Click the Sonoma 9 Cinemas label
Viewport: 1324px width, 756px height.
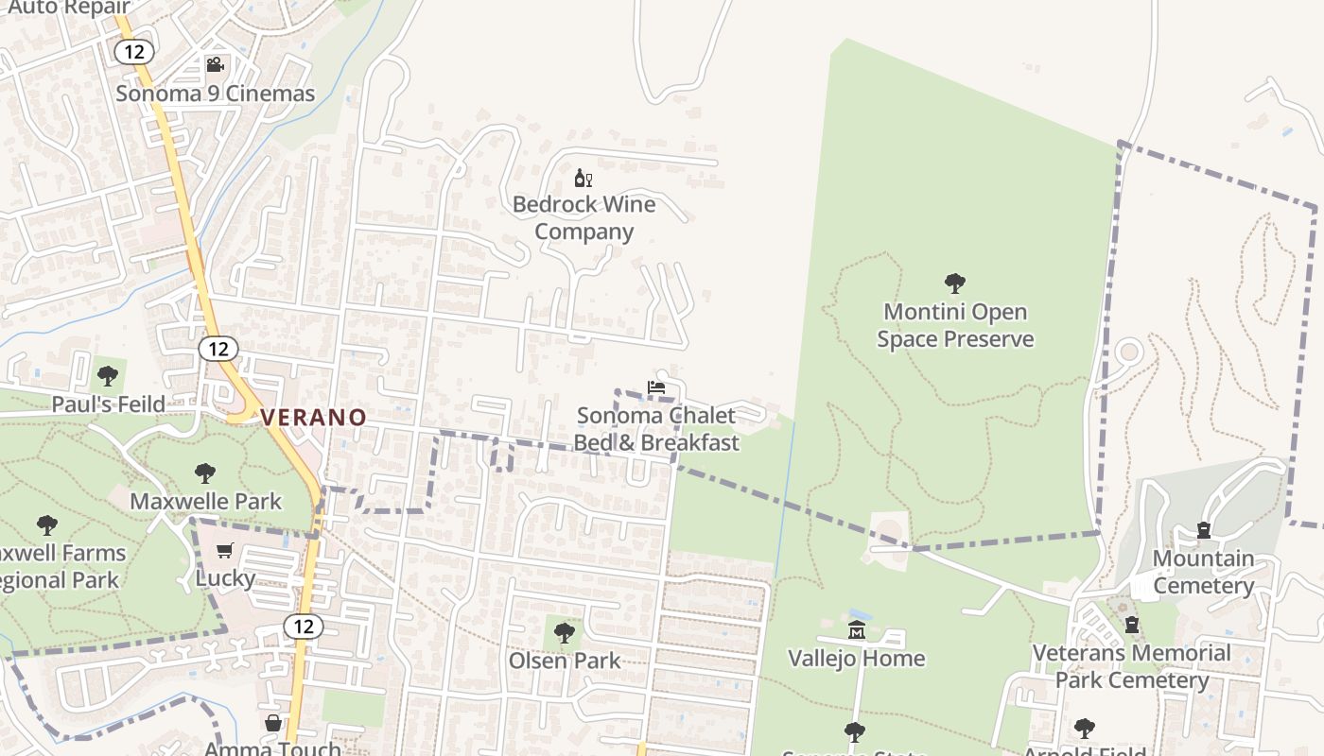click(215, 94)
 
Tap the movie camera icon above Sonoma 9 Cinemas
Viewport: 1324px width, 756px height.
click(215, 64)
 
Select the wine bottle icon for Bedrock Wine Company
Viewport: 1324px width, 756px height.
click(584, 178)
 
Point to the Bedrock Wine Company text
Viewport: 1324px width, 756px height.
click(584, 218)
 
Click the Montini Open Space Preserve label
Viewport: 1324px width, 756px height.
click(955, 325)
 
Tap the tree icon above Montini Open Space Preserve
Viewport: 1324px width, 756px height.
click(955, 283)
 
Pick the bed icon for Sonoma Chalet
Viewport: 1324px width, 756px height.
click(656, 387)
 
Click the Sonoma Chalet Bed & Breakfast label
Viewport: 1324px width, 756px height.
click(656, 429)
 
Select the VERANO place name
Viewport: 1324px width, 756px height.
click(313, 417)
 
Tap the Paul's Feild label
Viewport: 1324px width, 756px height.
click(108, 404)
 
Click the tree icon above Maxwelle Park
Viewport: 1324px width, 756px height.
click(205, 473)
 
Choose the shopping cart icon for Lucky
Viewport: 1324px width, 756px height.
click(225, 550)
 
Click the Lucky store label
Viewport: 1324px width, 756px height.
click(225, 577)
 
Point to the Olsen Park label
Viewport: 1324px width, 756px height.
click(565, 661)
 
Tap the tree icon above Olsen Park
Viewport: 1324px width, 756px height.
click(565, 632)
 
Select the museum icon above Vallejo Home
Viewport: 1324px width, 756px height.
click(857, 630)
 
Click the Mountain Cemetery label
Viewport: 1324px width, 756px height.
click(1203, 572)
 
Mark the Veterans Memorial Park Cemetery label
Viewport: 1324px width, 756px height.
click(1131, 666)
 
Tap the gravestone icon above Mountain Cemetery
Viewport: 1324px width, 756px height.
click(1204, 530)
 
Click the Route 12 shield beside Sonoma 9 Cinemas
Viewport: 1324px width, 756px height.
click(133, 51)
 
